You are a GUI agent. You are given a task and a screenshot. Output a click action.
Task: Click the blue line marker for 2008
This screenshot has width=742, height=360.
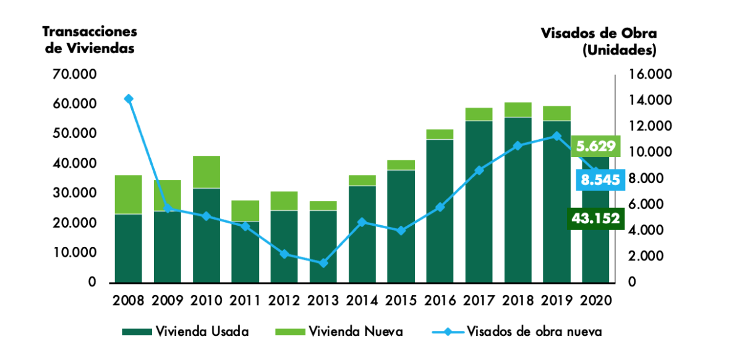[128, 99]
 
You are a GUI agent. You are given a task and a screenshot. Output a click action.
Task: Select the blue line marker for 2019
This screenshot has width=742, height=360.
[556, 136]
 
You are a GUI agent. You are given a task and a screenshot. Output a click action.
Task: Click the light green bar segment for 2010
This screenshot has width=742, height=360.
[206, 172]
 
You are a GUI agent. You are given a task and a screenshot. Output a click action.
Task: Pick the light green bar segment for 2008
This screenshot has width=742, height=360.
[128, 194]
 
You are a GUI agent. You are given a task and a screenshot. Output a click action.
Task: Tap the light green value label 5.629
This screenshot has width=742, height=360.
[595, 147]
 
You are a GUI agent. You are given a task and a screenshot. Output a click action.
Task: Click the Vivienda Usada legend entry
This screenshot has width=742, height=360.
[185, 332]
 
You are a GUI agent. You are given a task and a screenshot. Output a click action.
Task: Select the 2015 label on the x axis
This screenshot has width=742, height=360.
[401, 301]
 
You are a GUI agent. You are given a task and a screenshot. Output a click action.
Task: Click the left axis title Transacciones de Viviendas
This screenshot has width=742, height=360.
[90, 40]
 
